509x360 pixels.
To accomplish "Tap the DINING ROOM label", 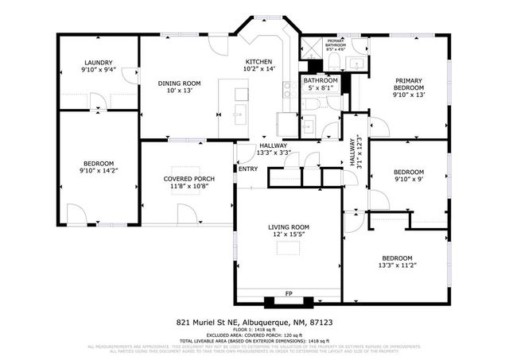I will [178, 83].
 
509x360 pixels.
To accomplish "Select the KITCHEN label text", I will [258, 62].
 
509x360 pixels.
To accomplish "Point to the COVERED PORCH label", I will [185, 179].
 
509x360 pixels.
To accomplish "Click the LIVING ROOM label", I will [288, 227].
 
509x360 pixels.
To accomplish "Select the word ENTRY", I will [247, 168].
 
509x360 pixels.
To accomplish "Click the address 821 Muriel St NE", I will [208, 323].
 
